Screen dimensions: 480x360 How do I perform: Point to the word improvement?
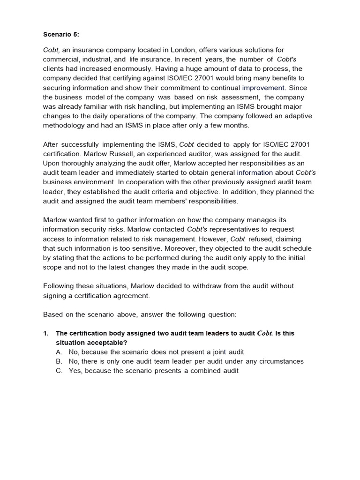[x=263, y=88]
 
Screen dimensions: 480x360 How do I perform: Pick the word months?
[x=237, y=125]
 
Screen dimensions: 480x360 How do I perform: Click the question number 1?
[x=45, y=333]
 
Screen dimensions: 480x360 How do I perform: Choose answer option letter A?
[x=59, y=352]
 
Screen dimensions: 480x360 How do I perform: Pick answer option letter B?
[x=59, y=361]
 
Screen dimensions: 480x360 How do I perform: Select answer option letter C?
[x=59, y=370]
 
